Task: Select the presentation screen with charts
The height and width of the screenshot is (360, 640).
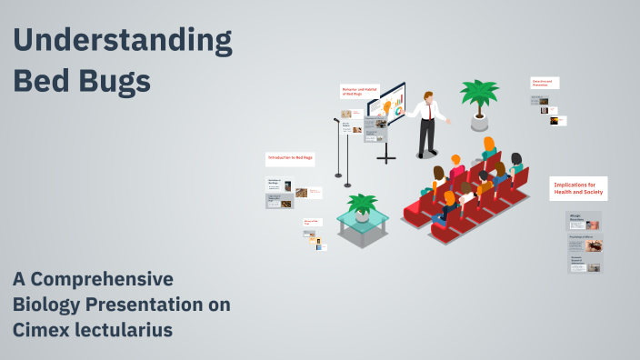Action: click(x=386, y=107)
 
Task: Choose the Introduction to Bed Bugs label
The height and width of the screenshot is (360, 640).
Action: click(x=290, y=158)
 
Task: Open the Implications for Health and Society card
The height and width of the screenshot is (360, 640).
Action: click(x=578, y=188)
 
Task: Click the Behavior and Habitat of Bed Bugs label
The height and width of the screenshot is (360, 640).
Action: click(x=359, y=92)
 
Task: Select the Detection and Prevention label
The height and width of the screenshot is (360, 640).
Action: click(x=545, y=83)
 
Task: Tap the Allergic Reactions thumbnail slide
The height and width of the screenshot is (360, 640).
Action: click(x=585, y=221)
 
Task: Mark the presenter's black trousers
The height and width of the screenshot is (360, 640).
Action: click(x=426, y=135)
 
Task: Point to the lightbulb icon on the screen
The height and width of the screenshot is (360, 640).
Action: click(x=387, y=107)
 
